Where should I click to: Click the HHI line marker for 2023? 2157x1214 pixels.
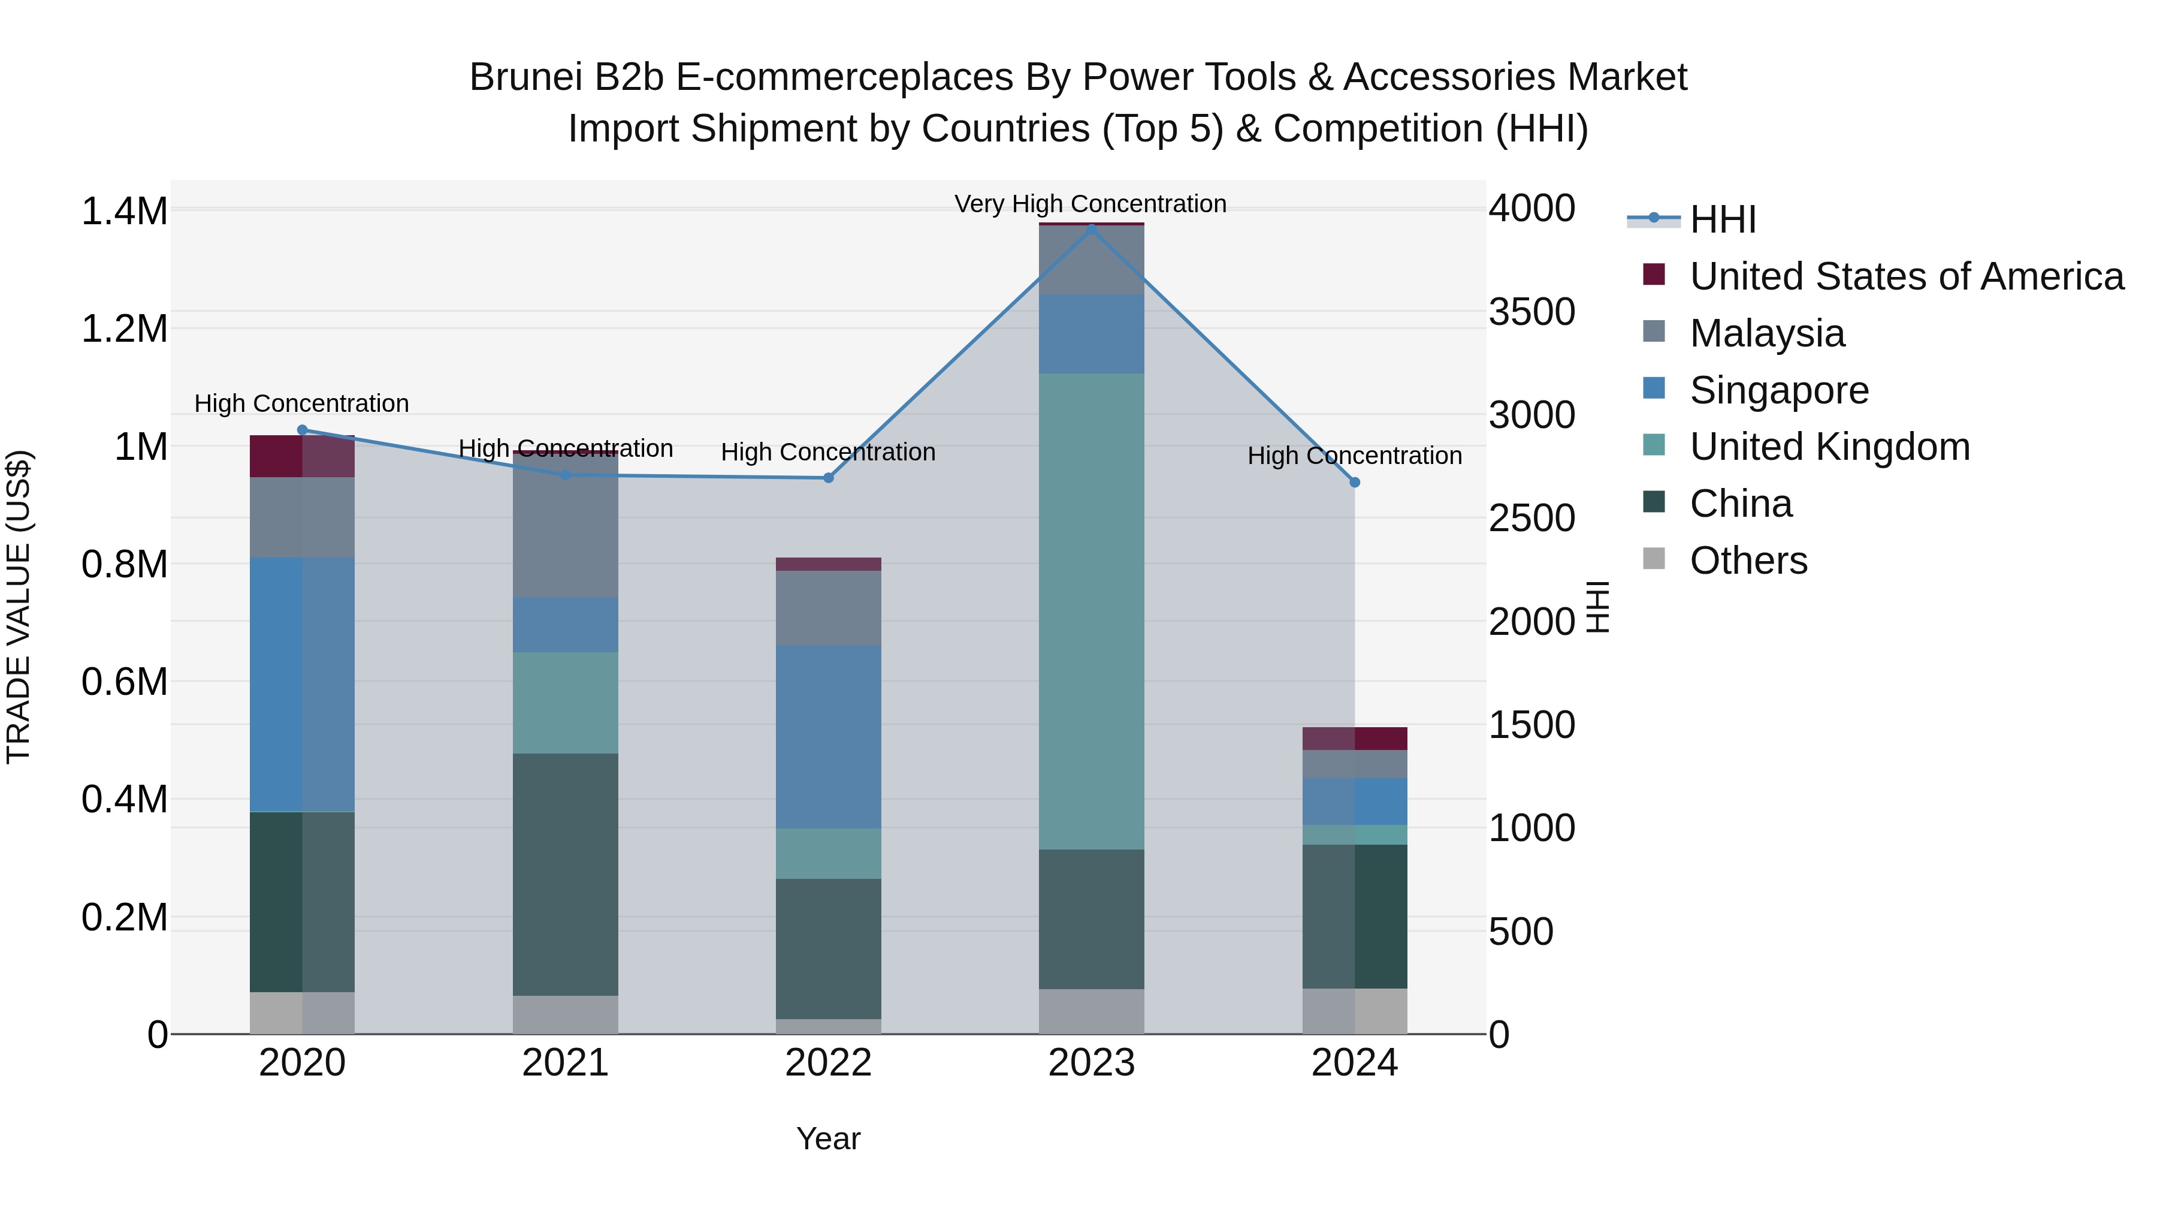(x=1091, y=228)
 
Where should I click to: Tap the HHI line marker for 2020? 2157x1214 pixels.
(x=303, y=430)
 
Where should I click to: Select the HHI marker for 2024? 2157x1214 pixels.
(x=1355, y=483)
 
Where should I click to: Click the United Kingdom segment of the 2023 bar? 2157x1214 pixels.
(x=1091, y=611)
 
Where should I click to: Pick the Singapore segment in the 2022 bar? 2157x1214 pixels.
(x=828, y=737)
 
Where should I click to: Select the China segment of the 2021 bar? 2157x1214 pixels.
(x=565, y=874)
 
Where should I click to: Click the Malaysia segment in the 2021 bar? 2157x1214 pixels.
(x=565, y=536)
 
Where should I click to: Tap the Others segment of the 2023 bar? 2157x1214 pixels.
(x=1091, y=1011)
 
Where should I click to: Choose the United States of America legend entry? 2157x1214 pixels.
(x=1906, y=276)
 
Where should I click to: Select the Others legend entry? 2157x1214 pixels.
(x=1748, y=561)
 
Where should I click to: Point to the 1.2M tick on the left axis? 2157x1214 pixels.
(x=125, y=329)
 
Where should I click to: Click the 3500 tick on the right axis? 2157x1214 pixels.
(x=1531, y=312)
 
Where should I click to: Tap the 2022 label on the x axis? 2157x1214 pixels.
(x=828, y=1063)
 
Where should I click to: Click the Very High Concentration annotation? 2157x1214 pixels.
(x=1090, y=204)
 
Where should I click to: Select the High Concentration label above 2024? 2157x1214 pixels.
(x=1354, y=456)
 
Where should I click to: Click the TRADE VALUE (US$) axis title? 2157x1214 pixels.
(x=19, y=607)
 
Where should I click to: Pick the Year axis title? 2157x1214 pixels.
(x=828, y=1138)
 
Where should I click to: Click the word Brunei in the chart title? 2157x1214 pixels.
(x=525, y=77)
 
